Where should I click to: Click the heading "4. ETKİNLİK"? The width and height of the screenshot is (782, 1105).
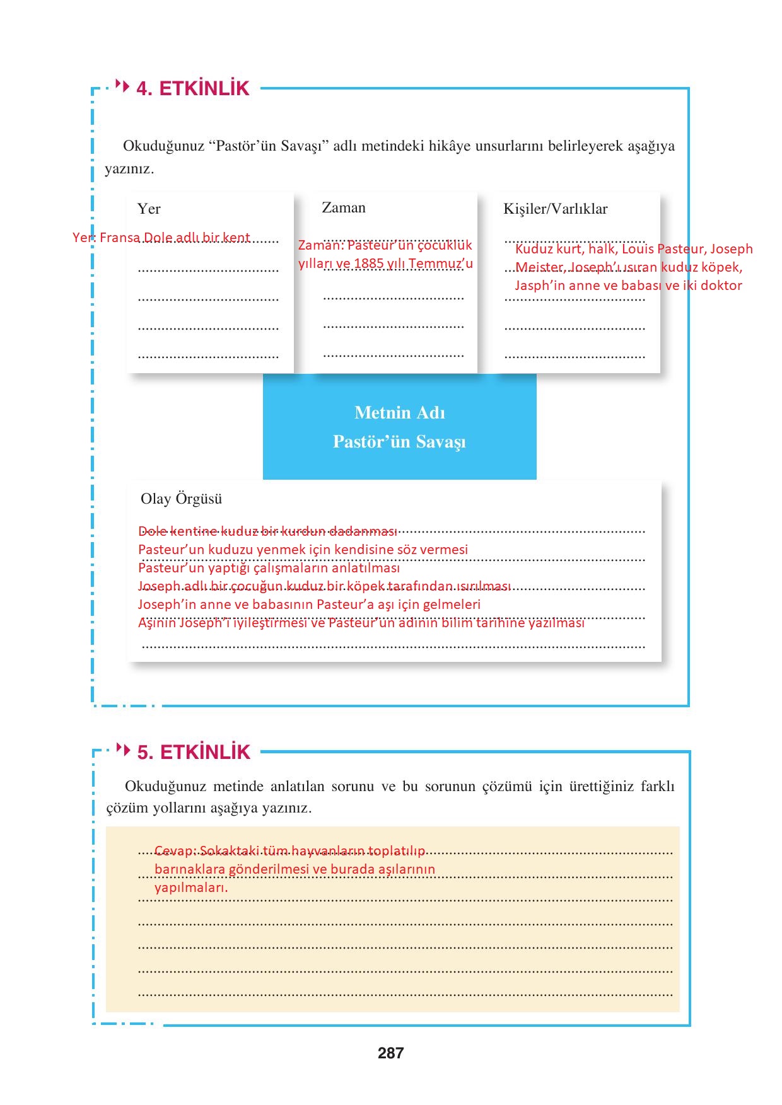192,88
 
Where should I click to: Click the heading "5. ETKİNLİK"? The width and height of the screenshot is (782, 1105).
194,752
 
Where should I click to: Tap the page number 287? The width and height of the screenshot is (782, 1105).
390,1053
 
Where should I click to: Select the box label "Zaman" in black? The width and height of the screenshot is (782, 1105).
344,207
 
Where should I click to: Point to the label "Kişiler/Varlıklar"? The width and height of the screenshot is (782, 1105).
555,209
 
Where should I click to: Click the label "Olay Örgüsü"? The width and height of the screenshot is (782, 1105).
181,499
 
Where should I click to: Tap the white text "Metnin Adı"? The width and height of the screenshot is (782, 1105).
400,412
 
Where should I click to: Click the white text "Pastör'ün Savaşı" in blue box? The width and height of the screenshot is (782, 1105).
399,441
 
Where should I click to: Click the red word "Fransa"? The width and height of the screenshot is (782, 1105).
120,238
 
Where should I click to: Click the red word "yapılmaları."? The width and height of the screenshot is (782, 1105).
191,888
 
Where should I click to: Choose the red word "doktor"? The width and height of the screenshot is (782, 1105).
721,286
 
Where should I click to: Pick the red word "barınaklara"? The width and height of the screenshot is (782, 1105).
189,869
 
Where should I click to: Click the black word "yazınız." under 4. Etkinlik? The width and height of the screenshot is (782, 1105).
129,169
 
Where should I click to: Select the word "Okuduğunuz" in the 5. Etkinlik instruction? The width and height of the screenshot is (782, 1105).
165,786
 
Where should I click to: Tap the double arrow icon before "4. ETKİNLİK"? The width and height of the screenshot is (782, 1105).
122,85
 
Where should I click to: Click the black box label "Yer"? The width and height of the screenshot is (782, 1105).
149,209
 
